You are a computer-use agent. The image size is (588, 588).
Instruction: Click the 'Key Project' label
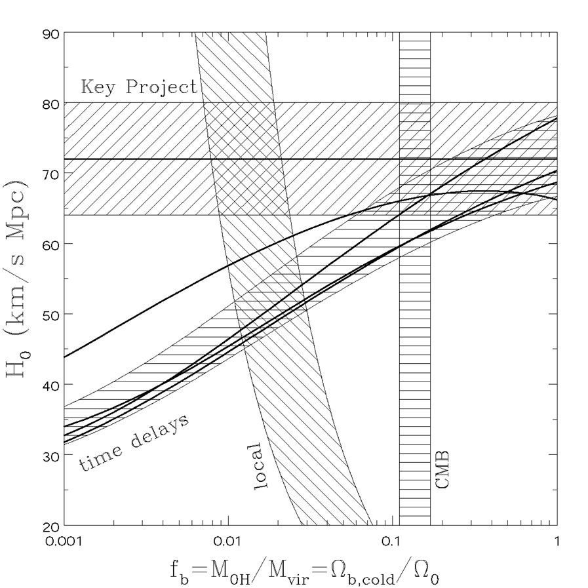[139, 87]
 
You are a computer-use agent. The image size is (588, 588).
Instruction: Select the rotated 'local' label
[257, 467]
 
